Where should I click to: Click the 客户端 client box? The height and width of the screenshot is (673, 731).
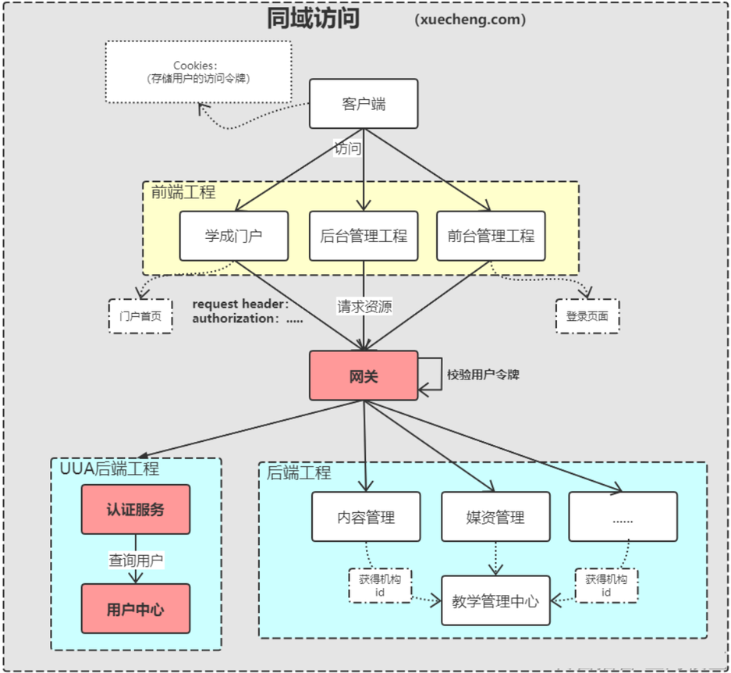364,104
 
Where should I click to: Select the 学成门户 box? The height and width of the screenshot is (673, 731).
234,236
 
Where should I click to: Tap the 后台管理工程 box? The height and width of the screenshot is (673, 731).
364,236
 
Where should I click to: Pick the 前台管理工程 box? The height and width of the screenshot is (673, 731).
491,236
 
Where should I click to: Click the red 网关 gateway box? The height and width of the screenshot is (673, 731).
364,376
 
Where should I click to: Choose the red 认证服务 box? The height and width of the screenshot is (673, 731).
136,510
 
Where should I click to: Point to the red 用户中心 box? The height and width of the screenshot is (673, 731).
136,609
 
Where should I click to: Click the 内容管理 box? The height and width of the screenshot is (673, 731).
366,517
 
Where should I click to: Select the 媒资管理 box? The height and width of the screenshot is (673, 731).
495,517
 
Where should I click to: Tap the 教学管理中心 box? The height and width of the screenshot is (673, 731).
495,601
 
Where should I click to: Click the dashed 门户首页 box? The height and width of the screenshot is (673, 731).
140,316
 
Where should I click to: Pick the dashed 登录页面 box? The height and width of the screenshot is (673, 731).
587,316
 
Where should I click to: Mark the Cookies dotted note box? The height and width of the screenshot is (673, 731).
198,72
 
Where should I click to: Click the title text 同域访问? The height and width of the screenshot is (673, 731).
313,19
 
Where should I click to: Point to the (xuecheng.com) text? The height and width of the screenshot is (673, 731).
470,20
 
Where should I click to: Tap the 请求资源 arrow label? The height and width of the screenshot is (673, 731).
364,306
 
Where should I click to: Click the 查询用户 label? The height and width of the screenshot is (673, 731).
136,560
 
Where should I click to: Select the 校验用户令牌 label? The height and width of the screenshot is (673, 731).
483,375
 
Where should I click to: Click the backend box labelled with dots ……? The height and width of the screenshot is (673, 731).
623,517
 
